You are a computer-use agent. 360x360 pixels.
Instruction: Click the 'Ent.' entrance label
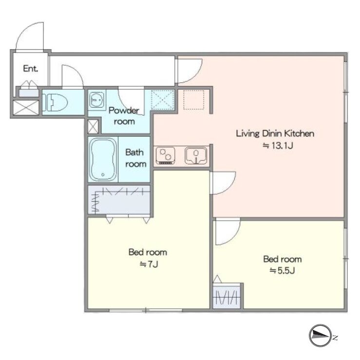(31, 68)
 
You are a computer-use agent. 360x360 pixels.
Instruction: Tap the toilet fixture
(55, 102)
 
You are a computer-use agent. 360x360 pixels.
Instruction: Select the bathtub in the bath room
(103, 160)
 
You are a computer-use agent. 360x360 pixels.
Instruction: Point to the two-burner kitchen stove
(166, 155)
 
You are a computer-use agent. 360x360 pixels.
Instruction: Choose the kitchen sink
(196, 155)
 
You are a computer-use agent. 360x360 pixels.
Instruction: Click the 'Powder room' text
(124, 116)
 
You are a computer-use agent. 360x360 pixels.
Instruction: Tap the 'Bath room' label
(135, 158)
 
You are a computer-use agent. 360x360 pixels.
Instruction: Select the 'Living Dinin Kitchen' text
(275, 133)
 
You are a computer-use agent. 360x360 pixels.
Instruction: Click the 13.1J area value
(278, 146)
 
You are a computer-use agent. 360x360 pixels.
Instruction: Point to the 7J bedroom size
(149, 264)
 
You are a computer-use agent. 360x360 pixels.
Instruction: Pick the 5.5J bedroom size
(282, 271)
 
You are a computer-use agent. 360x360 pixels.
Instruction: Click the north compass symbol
(321, 336)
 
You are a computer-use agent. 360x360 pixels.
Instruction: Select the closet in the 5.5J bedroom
(227, 296)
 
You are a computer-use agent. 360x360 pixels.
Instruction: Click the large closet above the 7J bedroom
(119, 200)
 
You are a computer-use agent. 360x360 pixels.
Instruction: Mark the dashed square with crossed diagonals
(163, 100)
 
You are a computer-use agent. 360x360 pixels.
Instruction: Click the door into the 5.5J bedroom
(228, 231)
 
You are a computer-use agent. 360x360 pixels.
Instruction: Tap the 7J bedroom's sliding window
(146, 310)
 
